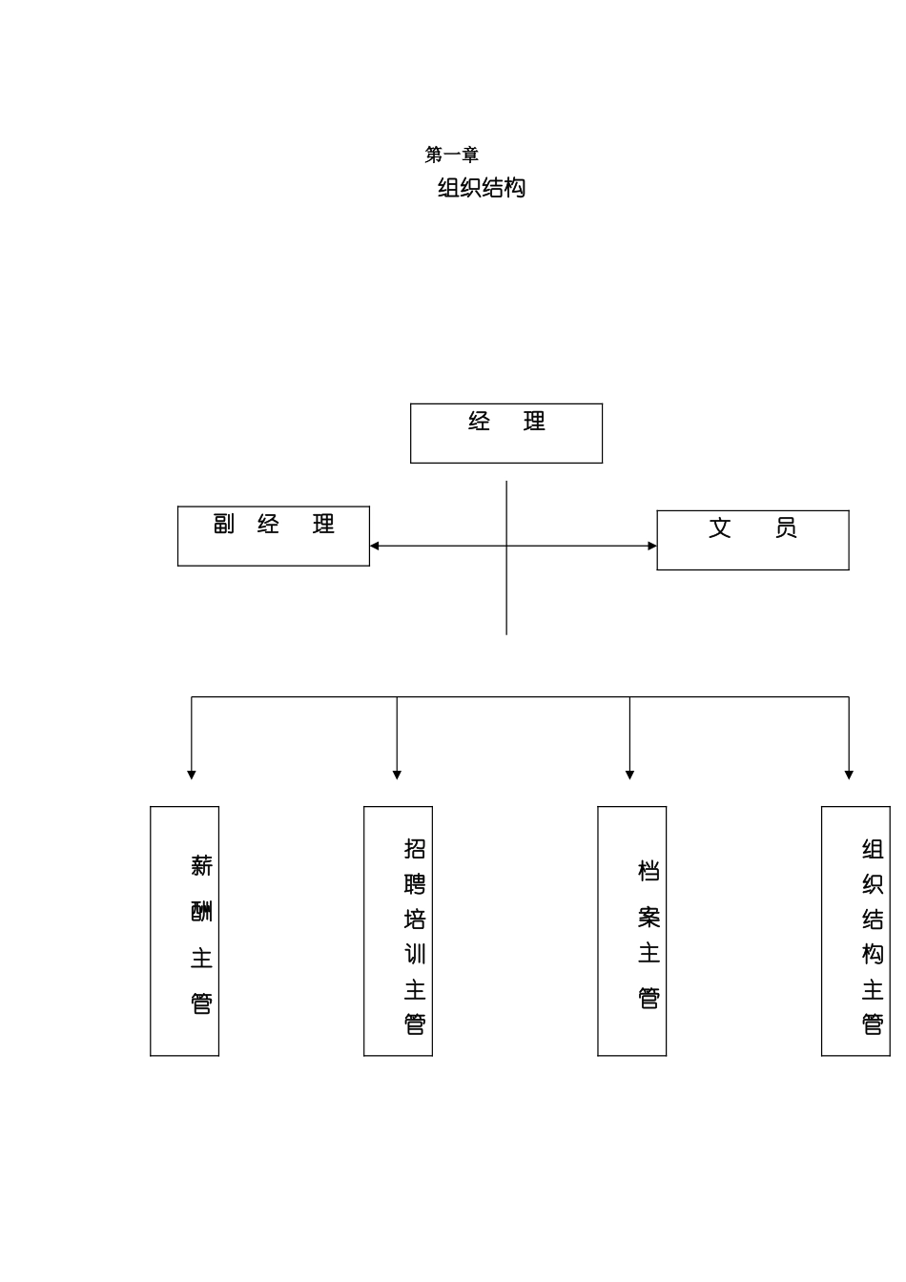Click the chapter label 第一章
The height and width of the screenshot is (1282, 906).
[x=451, y=155]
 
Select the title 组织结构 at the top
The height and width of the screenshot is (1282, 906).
[x=482, y=188]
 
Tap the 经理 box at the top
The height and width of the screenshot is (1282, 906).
[x=506, y=433]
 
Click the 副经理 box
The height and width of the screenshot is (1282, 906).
[x=274, y=536]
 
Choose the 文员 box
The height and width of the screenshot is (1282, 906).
[x=752, y=540]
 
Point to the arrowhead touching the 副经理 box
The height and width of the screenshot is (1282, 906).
[x=375, y=546]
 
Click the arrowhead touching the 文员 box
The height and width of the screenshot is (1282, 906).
[x=652, y=546]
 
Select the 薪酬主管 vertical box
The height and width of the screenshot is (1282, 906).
[x=184, y=931]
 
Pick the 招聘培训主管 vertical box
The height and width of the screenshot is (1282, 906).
[x=398, y=931]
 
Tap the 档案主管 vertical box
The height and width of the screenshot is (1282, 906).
[x=631, y=931]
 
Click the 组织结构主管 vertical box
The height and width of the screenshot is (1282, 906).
[x=855, y=931]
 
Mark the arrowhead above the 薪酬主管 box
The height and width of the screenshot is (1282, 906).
[x=192, y=775]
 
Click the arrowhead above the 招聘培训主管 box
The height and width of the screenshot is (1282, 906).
[x=397, y=775]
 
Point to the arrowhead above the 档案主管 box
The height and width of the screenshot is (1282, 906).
[x=629, y=775]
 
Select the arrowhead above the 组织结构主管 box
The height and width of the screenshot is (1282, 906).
[x=849, y=775]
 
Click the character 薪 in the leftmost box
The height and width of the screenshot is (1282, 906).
[x=201, y=866]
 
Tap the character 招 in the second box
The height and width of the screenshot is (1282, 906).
[x=415, y=848]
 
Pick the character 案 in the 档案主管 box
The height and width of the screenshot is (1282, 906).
[x=649, y=918]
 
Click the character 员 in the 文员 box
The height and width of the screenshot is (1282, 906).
[x=786, y=527]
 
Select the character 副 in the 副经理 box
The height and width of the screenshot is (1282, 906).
[x=224, y=524]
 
